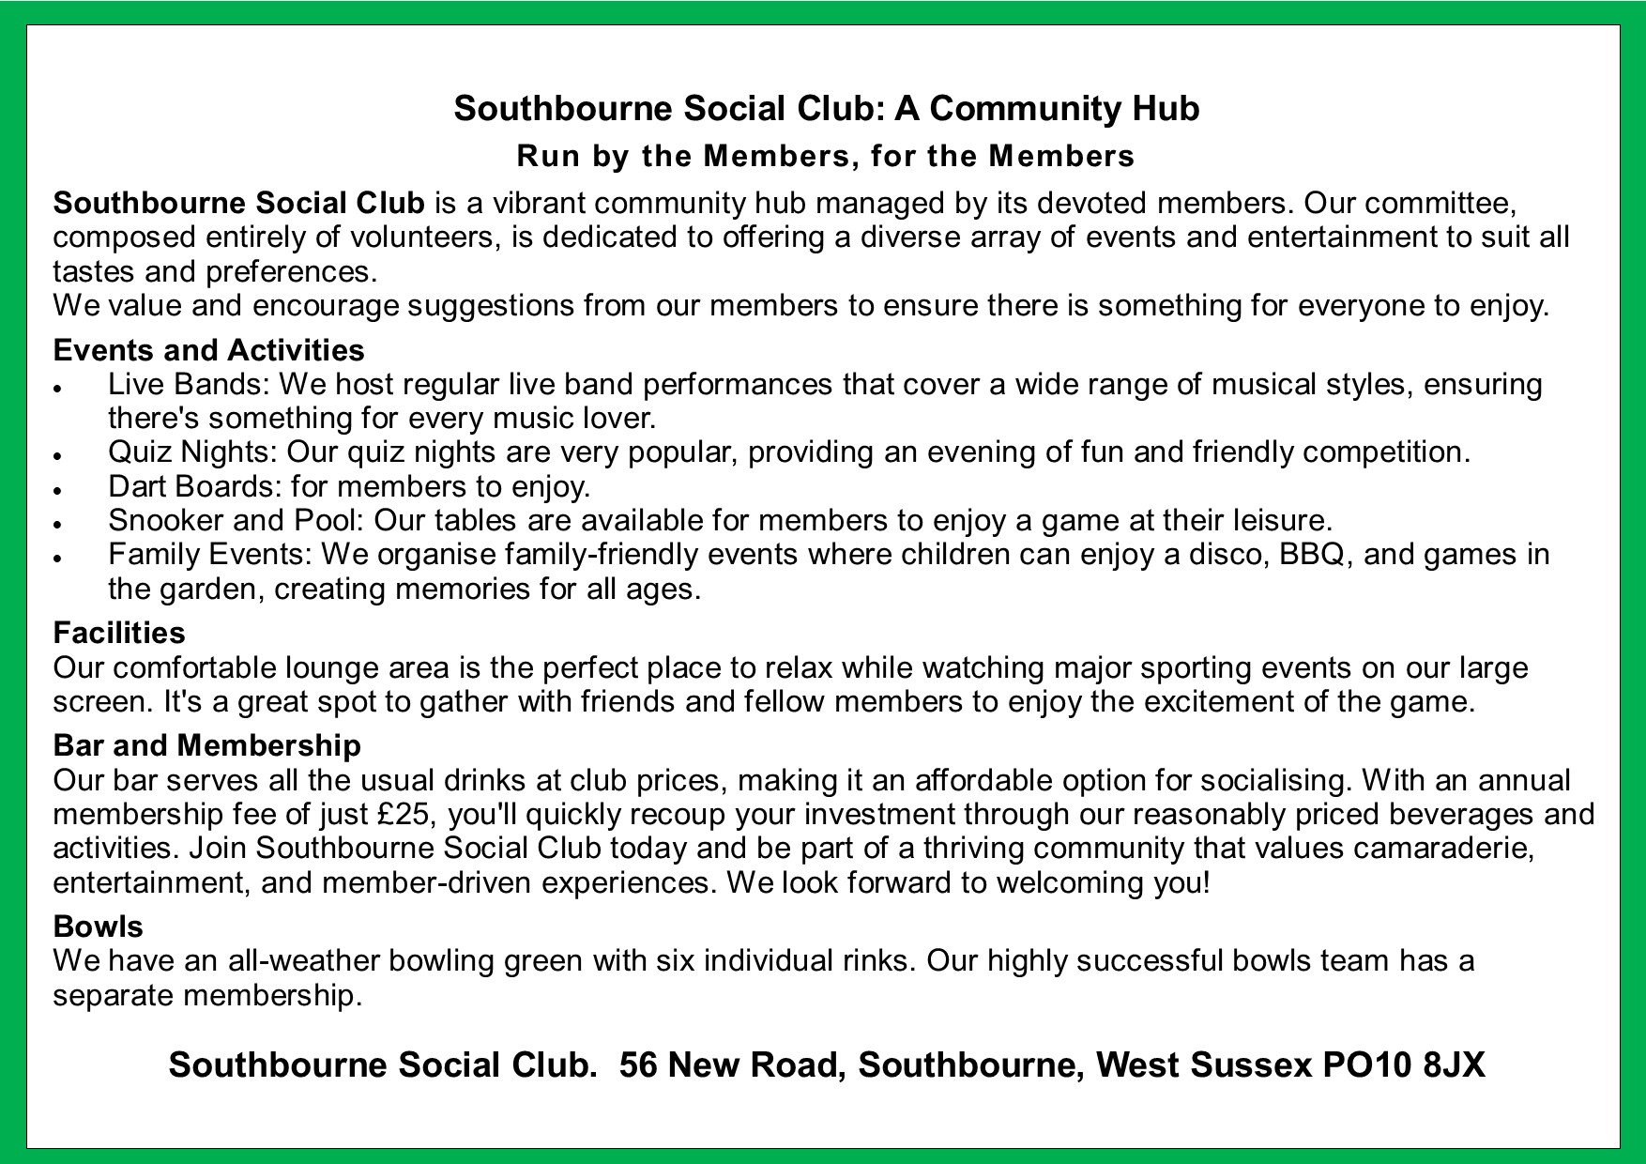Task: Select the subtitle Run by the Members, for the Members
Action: (x=826, y=156)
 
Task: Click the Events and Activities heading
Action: (x=208, y=350)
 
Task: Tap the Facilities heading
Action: (x=119, y=633)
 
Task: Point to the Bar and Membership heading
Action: (x=206, y=745)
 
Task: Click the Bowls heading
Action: (x=98, y=927)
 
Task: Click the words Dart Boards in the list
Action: (x=193, y=486)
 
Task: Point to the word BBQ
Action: (x=1316, y=555)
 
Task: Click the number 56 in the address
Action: (x=638, y=1064)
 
